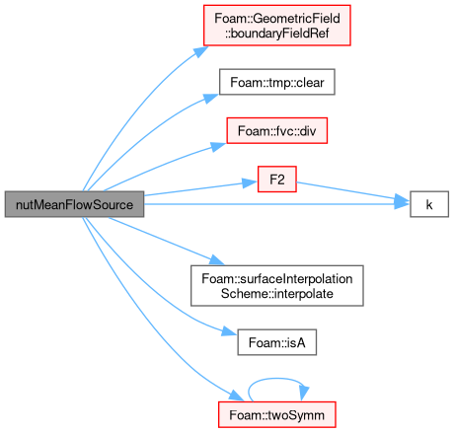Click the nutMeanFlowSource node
pyautogui.click(x=74, y=204)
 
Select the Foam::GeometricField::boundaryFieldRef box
pyautogui.click(x=277, y=26)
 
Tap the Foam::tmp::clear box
pyautogui.click(x=277, y=82)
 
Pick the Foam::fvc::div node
pyautogui.click(x=277, y=131)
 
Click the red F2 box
pyautogui.click(x=277, y=180)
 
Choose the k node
pyautogui.click(x=429, y=204)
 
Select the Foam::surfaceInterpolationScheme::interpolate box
pyautogui.click(x=277, y=286)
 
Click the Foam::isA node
pyautogui.click(x=277, y=342)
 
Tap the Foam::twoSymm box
pyautogui.click(x=277, y=414)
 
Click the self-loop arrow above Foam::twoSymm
pyautogui.click(x=276, y=379)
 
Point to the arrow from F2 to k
pyautogui.click(x=353, y=191)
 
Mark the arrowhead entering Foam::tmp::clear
pyautogui.click(x=210, y=98)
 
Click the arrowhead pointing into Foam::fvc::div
pyautogui.click(x=218, y=146)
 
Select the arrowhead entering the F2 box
pyautogui.click(x=250, y=183)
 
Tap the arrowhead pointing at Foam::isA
pyautogui.click(x=229, y=331)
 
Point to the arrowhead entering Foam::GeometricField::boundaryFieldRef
pyautogui.click(x=200, y=51)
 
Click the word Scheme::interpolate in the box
pyautogui.click(x=277, y=294)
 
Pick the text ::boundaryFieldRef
pyautogui.click(x=277, y=34)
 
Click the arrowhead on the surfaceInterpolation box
pyautogui.click(x=217, y=259)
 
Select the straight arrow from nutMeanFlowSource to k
pyautogui.click(x=277, y=204)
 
